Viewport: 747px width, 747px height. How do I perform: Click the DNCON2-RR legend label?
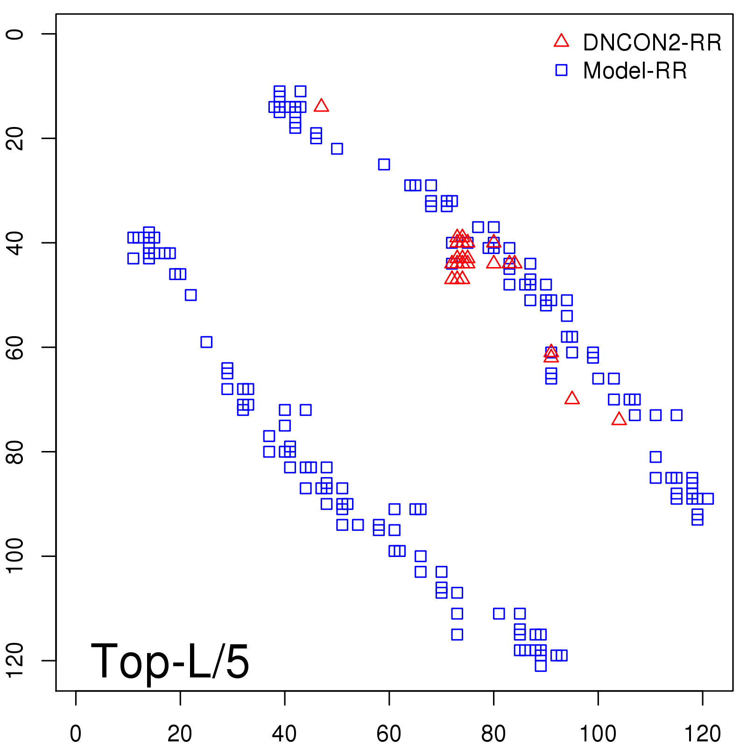[x=652, y=43]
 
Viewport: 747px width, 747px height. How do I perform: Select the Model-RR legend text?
[x=635, y=71]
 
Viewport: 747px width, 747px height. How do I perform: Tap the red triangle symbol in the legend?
[x=561, y=41]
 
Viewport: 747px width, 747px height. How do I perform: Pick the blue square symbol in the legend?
[x=561, y=70]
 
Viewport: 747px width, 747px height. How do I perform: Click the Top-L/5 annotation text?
[x=170, y=662]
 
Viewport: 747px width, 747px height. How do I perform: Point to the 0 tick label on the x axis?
[x=76, y=734]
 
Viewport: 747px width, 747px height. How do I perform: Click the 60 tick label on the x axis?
[x=389, y=734]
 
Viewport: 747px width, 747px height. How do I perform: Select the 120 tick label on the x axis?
[x=702, y=734]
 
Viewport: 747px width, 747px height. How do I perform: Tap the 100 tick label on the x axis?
[x=598, y=734]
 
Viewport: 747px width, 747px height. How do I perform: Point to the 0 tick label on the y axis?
[x=15, y=34]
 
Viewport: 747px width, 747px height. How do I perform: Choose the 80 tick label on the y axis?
[x=15, y=451]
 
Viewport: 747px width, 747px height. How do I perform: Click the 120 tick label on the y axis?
[x=15, y=660]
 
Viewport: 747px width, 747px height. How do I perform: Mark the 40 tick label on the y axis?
[x=15, y=243]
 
